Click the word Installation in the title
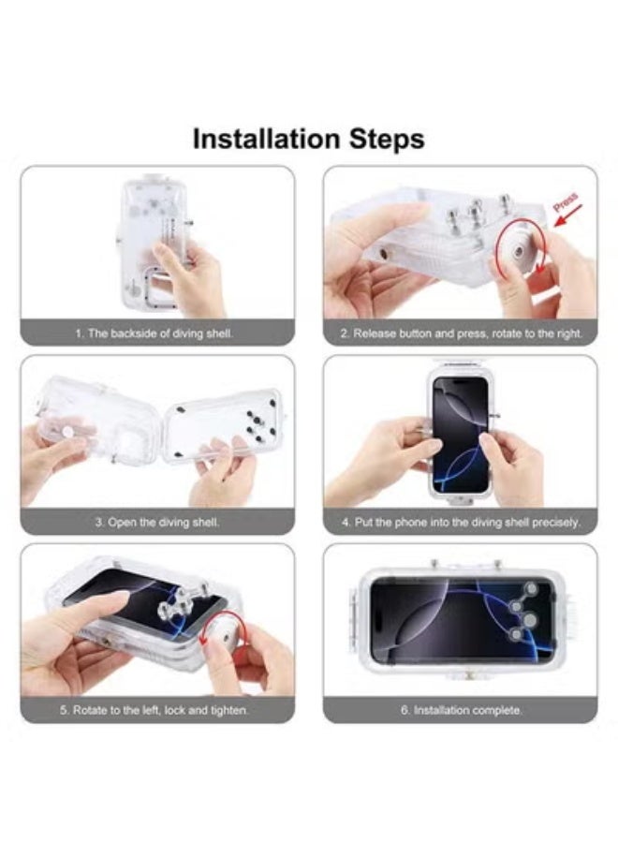(267, 139)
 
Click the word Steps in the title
(387, 140)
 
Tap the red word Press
(566, 201)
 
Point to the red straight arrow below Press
(567, 218)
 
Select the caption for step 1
(154, 333)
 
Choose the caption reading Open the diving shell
(157, 522)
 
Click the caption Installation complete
(461, 710)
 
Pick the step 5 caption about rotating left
(154, 710)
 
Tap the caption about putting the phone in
(461, 522)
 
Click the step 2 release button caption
(461, 333)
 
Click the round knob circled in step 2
(521, 249)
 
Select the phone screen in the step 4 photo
(461, 435)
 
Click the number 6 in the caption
(405, 710)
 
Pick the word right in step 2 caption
(569, 333)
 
